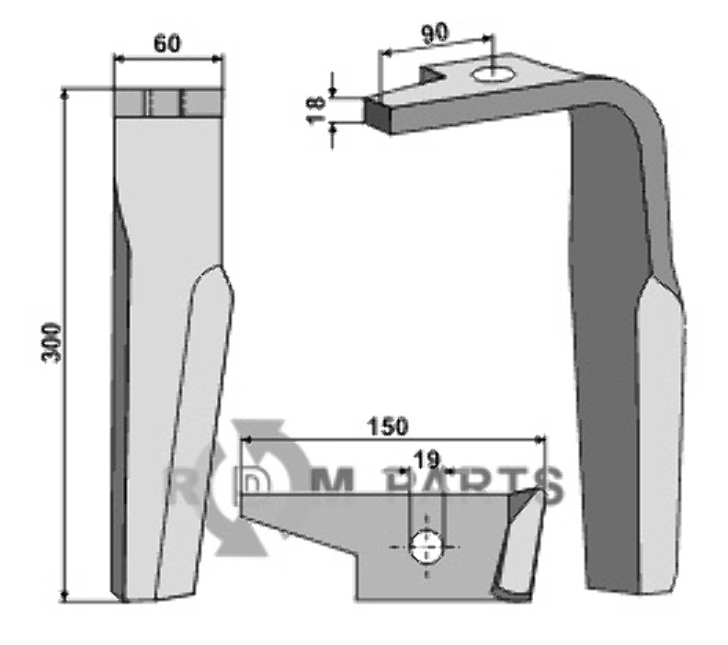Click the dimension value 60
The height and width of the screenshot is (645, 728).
[x=166, y=44]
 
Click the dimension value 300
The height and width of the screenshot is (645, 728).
[x=52, y=344]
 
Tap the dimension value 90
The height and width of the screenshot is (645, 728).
[x=435, y=33]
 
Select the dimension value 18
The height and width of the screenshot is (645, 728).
[x=317, y=110]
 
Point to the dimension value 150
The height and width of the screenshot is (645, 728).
[x=388, y=427]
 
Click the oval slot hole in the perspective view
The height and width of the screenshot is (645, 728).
[x=491, y=74]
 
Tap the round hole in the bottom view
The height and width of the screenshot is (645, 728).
[x=427, y=547]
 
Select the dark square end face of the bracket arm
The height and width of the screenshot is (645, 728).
[x=378, y=115]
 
